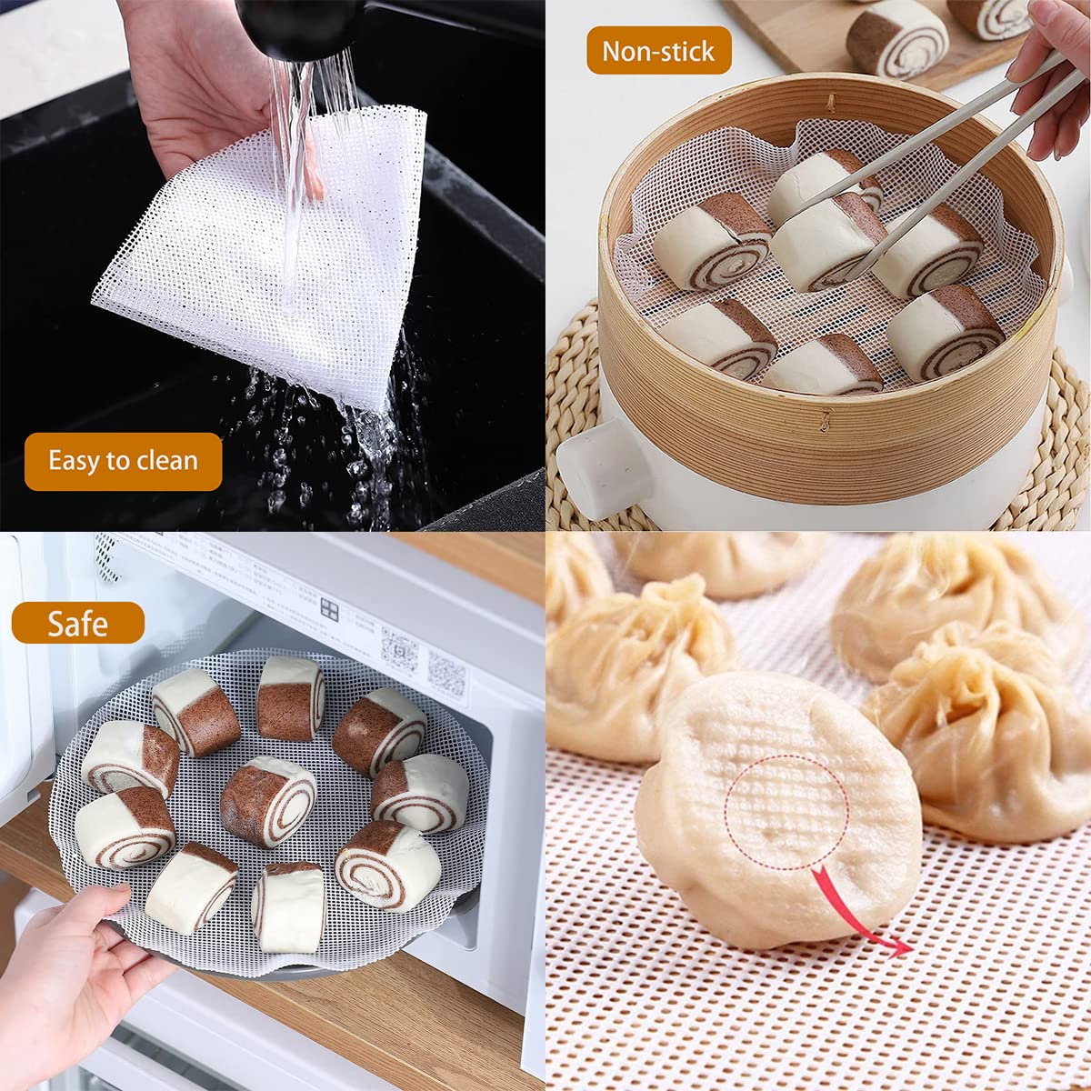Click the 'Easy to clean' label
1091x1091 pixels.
click(x=123, y=461)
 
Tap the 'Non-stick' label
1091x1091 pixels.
click(x=658, y=51)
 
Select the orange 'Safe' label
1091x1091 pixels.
click(x=78, y=624)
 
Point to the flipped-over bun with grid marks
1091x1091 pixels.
click(x=777, y=809)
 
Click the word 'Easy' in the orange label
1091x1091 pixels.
click(x=73, y=461)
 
